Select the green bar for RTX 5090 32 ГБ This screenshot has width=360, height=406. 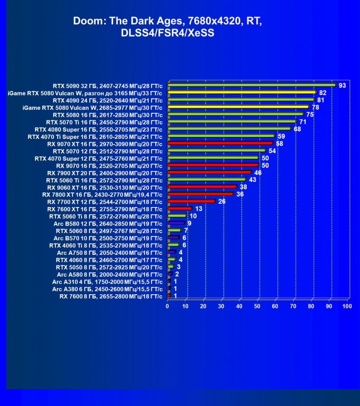point(251,85)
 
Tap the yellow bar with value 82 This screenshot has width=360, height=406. point(242,93)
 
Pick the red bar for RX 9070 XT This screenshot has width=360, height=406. point(220,143)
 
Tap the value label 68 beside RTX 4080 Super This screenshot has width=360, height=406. point(297,129)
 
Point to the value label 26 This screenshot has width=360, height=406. point(222,201)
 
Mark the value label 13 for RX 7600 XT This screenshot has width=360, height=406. point(198,208)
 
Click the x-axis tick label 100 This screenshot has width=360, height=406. point(347,307)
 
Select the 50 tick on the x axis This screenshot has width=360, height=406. point(257,307)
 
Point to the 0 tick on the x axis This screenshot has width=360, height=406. point(168,307)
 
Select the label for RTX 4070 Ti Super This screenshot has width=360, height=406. point(95,136)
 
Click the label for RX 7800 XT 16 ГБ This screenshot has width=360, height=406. point(103,194)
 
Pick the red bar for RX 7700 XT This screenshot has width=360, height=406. point(191,201)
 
